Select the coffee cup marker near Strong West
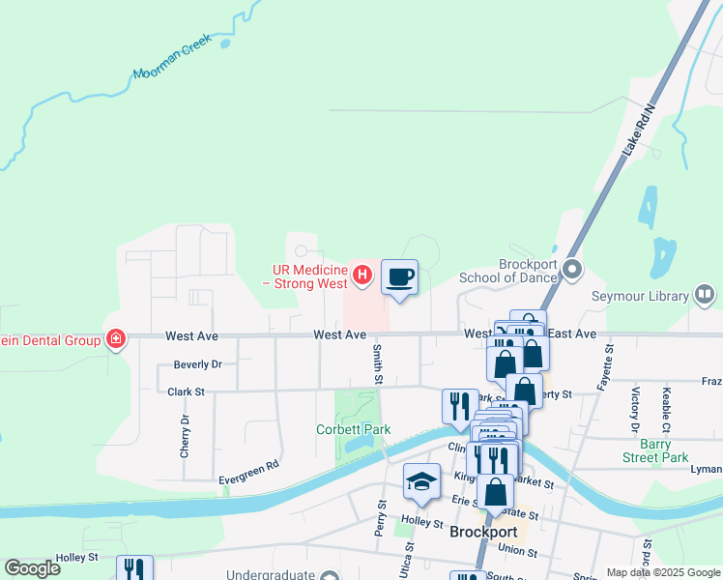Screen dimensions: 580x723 (x=399, y=278)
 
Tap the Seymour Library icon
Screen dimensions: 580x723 (x=706, y=295)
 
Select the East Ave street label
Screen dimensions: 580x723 (x=572, y=333)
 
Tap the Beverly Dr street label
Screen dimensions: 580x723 (x=198, y=364)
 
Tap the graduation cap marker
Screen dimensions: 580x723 (x=421, y=481)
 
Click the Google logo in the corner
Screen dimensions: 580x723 (x=33, y=568)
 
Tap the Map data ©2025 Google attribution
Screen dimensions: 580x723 (x=663, y=572)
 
